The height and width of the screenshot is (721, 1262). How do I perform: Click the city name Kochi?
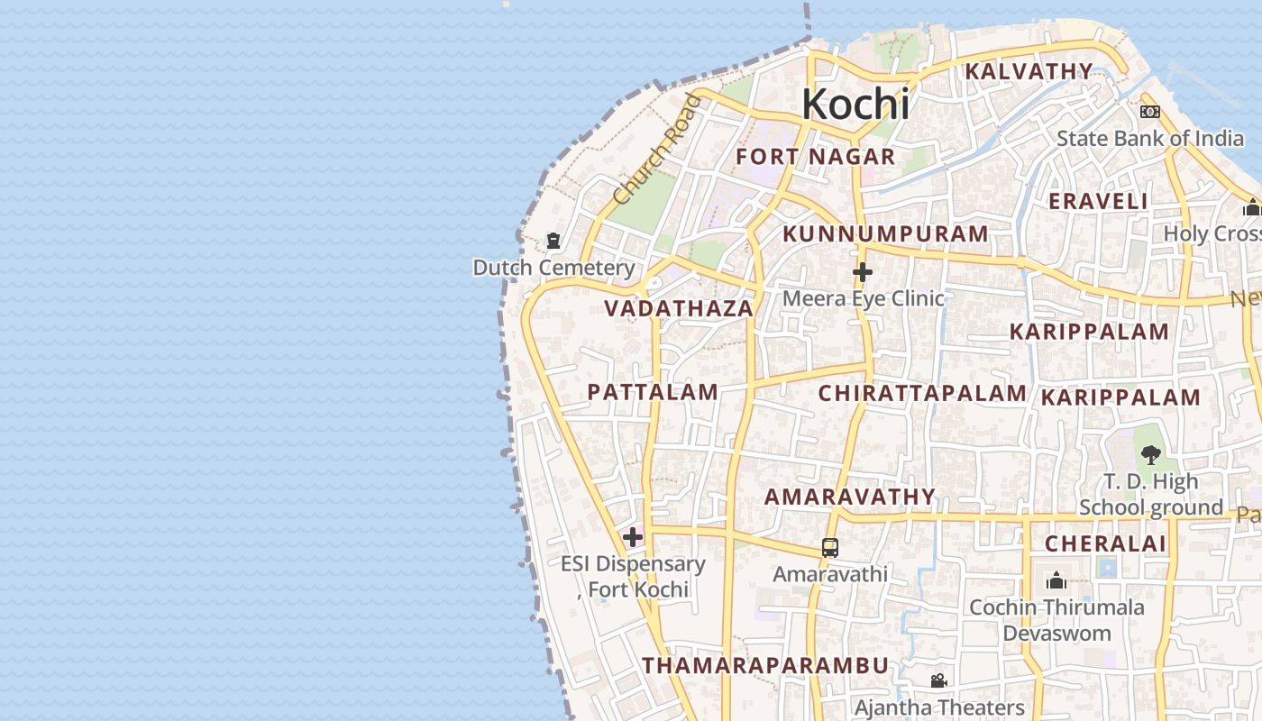(x=855, y=105)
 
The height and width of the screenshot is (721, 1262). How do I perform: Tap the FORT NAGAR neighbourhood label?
(x=816, y=157)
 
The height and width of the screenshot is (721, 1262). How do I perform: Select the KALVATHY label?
(x=1029, y=71)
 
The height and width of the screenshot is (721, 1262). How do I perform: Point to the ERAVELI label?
(x=1099, y=201)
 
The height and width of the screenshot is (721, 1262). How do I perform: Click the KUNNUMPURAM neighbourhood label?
(x=886, y=234)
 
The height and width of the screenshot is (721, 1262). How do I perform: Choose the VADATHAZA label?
(x=679, y=308)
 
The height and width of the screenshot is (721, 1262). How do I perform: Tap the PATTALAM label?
(x=653, y=392)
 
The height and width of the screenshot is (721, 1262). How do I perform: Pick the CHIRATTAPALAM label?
(x=922, y=393)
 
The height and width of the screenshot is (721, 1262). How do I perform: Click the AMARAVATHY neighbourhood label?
(x=851, y=497)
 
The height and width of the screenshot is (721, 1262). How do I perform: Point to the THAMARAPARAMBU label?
(x=765, y=666)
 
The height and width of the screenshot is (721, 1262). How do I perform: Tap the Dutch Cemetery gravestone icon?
(x=553, y=242)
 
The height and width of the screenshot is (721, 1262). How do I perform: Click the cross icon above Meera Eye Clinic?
(x=863, y=271)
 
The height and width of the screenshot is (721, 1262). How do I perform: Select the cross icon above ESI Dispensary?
(x=633, y=537)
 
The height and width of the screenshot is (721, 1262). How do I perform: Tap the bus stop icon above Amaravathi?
(x=830, y=547)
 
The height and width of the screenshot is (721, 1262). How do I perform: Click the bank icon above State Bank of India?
(x=1149, y=112)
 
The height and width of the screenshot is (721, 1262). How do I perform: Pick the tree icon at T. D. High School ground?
(x=1150, y=454)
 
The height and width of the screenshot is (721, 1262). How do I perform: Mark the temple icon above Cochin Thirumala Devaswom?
(x=1056, y=580)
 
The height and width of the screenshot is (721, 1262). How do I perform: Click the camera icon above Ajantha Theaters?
(x=938, y=680)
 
